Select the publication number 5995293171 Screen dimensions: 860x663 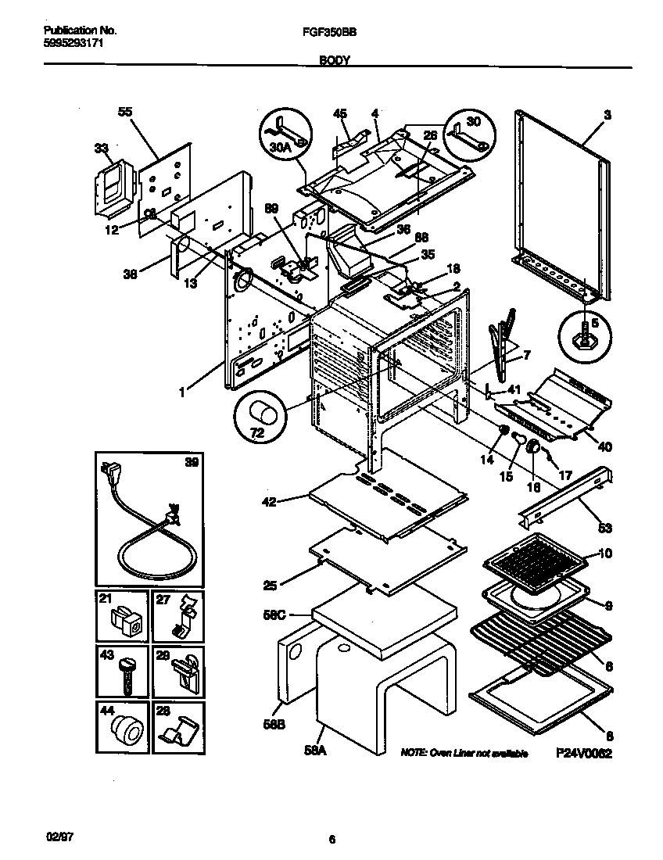pyautogui.click(x=70, y=45)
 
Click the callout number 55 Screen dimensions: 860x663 pyautogui.click(x=125, y=112)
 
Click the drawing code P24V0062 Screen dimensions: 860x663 pyautogui.click(x=582, y=754)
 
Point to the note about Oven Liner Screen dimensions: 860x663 pyautogui.click(x=464, y=754)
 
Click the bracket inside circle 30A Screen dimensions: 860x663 pyautogui.click(x=283, y=127)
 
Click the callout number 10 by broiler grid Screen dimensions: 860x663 pyautogui.click(x=604, y=554)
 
